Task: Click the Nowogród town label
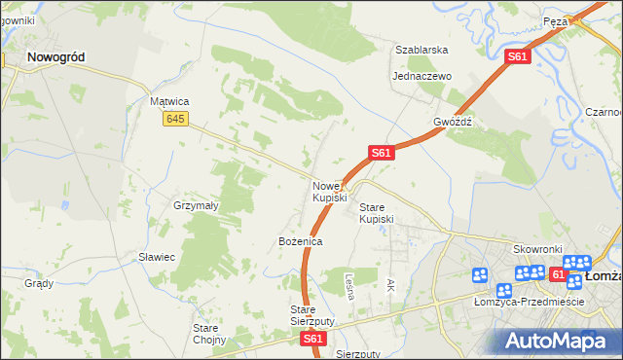[x=55, y=57]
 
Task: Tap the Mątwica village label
[x=168, y=101]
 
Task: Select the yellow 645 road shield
[x=175, y=118]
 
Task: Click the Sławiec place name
[x=156, y=257]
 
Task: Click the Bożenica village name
[x=300, y=240]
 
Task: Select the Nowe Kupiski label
[x=329, y=192]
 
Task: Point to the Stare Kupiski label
[x=376, y=213]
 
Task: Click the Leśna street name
[x=348, y=284]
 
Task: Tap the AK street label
[x=390, y=285]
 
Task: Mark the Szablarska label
[x=421, y=50]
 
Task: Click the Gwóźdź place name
[x=453, y=123]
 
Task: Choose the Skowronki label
[x=532, y=249]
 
